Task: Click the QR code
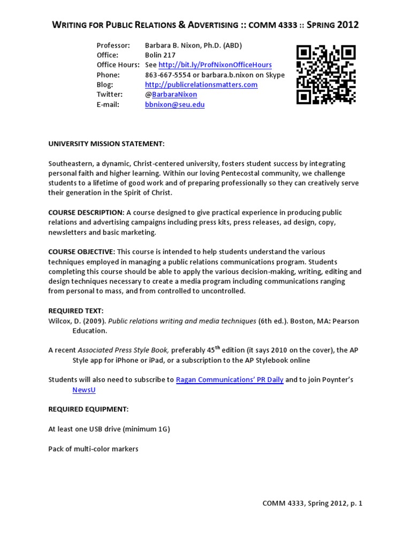(x=326, y=75)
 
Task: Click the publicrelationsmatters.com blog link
(x=201, y=85)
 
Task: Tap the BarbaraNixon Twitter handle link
(x=174, y=95)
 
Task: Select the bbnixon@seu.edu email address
(x=174, y=105)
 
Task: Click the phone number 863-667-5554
(x=168, y=75)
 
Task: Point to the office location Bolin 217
(x=160, y=55)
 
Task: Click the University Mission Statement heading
(x=106, y=144)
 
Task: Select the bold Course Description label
(x=86, y=212)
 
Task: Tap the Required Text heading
(x=76, y=310)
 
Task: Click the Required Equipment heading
(x=88, y=409)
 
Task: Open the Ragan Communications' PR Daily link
(x=230, y=379)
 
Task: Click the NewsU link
(x=84, y=390)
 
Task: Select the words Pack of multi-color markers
(x=93, y=448)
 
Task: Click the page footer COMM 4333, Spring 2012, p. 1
(x=313, y=503)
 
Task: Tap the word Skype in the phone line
(x=274, y=75)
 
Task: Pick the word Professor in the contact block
(x=113, y=45)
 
